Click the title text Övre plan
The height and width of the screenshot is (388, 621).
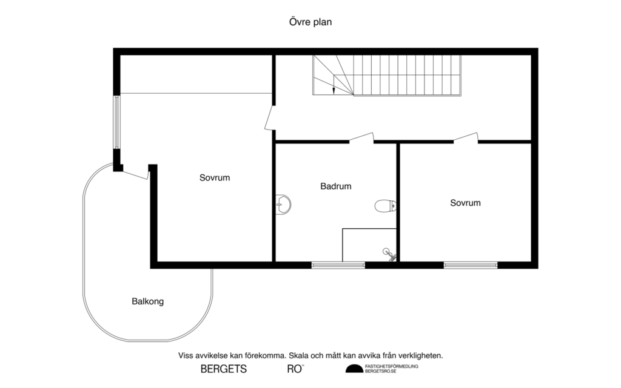point(310,22)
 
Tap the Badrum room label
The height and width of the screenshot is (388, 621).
point(335,186)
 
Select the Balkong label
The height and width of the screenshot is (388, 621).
point(147,301)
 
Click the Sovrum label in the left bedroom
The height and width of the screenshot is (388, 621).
point(215,178)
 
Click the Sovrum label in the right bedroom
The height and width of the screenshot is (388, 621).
point(465,203)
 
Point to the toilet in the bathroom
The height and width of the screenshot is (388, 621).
point(384,206)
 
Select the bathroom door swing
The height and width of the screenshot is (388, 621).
point(361,138)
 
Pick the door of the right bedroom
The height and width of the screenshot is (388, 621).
point(466,138)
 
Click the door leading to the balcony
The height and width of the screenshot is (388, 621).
point(135,173)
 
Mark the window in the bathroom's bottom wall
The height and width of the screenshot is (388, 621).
point(338,265)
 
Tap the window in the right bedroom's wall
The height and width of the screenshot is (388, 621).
point(470,265)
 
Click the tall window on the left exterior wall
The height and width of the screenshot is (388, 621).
point(117,122)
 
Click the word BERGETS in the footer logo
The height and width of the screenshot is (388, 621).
point(223,369)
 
